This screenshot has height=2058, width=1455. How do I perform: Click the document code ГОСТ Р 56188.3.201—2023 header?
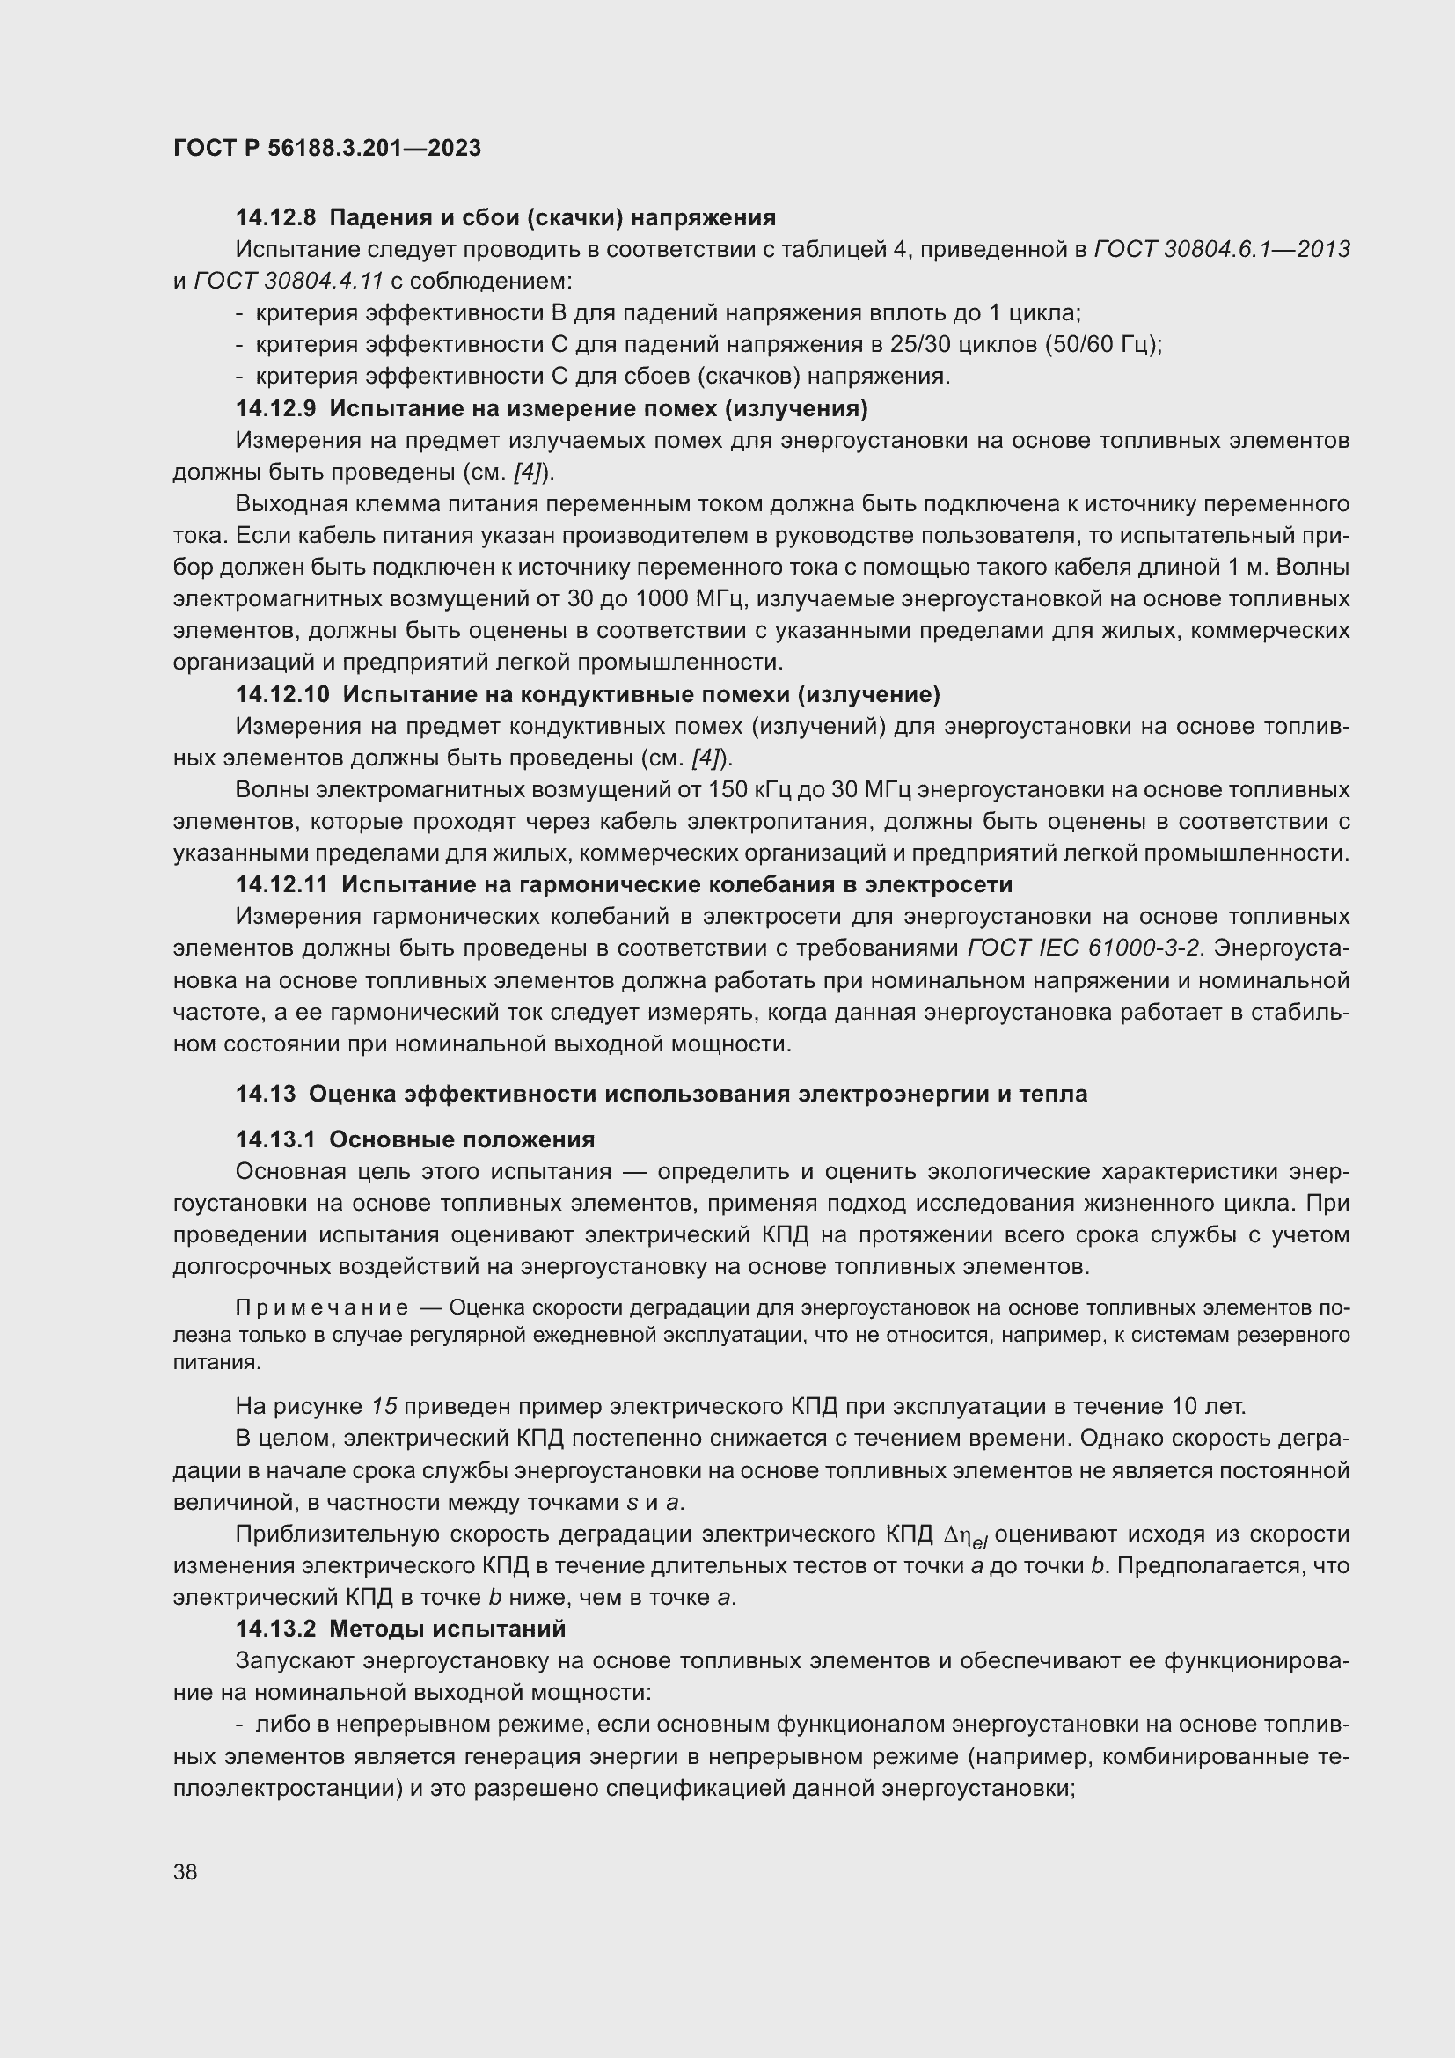pos(327,148)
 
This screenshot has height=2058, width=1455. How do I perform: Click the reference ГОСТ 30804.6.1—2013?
pos(1222,250)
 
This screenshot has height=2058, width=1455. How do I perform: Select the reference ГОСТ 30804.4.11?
pos(289,282)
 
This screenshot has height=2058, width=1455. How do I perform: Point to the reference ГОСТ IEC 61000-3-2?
pos(1086,948)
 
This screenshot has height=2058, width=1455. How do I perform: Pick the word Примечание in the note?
pos(322,1308)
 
